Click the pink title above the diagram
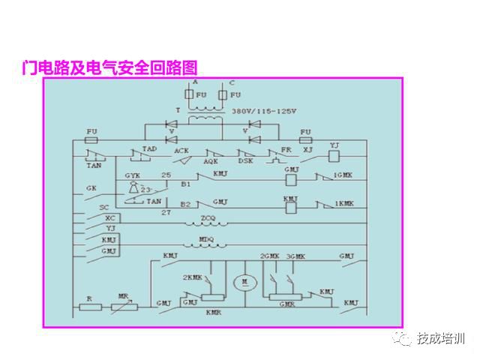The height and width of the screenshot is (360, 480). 112,67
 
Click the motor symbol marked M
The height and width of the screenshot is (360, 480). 243,283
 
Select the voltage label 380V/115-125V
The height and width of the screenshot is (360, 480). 264,111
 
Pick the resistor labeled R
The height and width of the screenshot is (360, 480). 89,307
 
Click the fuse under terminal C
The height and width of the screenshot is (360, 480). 223,96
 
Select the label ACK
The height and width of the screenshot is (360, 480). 181,151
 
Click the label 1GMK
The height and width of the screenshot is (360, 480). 343,175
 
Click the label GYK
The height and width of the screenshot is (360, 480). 133,175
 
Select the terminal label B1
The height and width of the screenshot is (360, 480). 185,182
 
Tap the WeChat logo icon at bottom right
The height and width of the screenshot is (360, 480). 405,339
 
